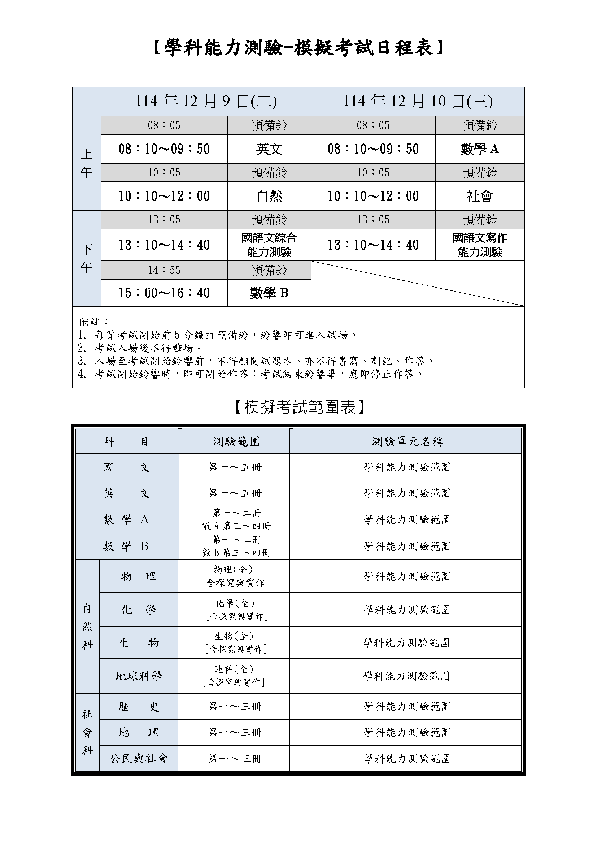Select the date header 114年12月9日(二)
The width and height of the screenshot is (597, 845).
(x=206, y=101)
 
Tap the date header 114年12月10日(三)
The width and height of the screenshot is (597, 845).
(x=418, y=101)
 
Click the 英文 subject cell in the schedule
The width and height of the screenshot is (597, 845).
(x=269, y=149)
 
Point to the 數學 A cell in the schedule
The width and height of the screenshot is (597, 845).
(x=479, y=149)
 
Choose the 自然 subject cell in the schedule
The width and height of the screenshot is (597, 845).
(x=269, y=196)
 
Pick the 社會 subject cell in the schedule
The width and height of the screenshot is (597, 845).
(x=479, y=196)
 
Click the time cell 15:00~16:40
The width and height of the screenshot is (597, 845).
(x=164, y=293)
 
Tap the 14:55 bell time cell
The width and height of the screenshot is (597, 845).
(x=164, y=270)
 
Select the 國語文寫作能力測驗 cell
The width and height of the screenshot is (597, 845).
(x=479, y=245)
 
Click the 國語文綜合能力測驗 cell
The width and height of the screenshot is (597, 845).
(x=269, y=245)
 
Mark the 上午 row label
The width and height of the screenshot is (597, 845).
(x=86, y=163)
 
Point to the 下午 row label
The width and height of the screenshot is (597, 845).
(x=86, y=258)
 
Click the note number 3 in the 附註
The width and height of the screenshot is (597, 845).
(x=82, y=361)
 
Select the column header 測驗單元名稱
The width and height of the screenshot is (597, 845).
(x=407, y=441)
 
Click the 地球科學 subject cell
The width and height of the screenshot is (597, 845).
(x=139, y=676)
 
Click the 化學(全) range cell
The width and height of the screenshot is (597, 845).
(x=236, y=610)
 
